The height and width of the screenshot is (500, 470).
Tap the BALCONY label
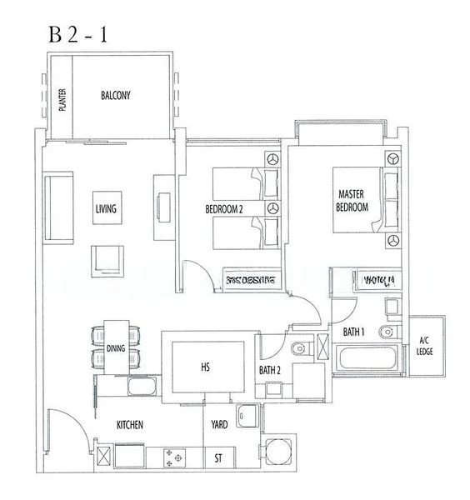point(116,96)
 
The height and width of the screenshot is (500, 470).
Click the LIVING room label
point(106,208)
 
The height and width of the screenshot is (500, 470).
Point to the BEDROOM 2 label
point(223,209)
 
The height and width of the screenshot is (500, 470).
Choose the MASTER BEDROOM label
point(352,201)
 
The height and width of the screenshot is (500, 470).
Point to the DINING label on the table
point(116,348)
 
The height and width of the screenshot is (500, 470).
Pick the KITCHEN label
point(129,425)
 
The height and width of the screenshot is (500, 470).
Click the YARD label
point(219,424)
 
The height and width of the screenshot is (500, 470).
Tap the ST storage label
point(219,457)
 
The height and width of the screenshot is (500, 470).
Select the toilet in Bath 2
point(301,345)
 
